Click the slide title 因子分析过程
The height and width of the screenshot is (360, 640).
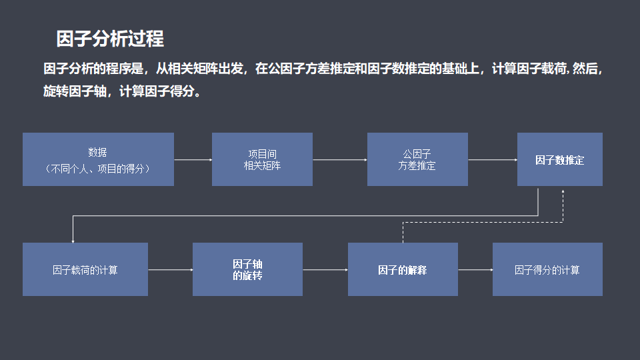110,39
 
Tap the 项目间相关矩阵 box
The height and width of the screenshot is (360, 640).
262,159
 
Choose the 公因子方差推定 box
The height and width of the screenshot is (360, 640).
417,159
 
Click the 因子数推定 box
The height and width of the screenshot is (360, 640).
559,160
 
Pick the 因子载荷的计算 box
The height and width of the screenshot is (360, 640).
85,269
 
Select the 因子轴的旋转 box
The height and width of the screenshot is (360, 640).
247,269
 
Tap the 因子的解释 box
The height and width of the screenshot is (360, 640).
403,269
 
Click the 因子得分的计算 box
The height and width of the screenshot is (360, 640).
547,269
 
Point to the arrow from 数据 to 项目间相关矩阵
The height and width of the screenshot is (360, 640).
193,160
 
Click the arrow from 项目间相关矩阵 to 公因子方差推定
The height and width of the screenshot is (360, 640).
340,160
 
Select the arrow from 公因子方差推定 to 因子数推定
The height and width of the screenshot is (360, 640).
493,160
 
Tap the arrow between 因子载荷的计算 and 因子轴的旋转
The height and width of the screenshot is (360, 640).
170,269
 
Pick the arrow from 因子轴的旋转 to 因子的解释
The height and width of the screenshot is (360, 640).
325,269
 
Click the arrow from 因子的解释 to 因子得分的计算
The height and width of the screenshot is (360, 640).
475,269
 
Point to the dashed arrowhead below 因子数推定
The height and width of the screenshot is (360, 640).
563,192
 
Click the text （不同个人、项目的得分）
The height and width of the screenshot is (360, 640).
98,169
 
